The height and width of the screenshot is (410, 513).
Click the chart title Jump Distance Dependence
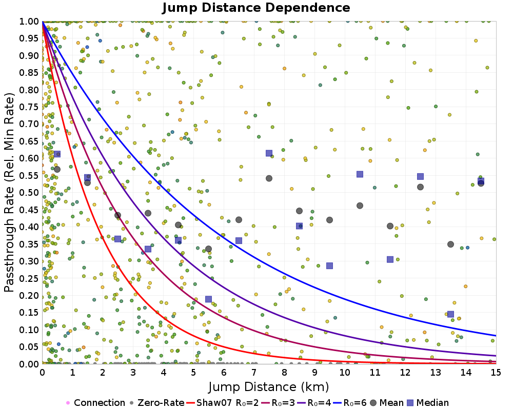(256, 8)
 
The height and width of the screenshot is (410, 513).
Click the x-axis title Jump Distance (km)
(268, 386)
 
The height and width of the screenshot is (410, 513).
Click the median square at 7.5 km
(269, 153)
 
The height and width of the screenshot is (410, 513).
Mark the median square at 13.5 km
(450, 314)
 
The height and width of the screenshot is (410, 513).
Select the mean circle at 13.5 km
(450, 244)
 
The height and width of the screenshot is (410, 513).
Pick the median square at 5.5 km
(208, 299)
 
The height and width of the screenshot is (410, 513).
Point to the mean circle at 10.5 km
(360, 206)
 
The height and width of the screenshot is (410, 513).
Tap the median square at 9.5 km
(329, 265)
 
